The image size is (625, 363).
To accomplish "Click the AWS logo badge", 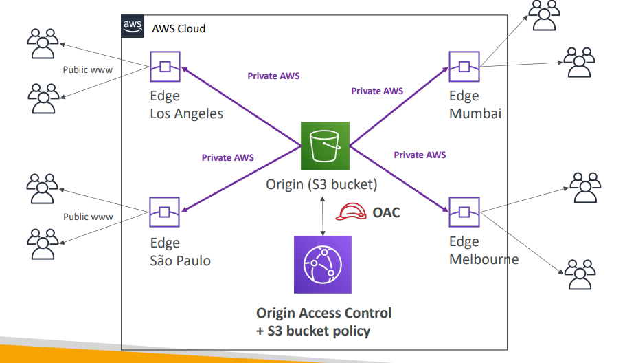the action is [133, 26].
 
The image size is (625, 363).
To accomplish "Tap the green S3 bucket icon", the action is [325, 146].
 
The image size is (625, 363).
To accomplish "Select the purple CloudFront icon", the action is [323, 265].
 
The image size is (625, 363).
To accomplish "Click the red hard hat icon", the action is [351, 212].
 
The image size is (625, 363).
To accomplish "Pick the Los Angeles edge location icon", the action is [165, 67].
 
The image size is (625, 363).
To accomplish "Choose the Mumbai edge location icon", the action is [464, 67].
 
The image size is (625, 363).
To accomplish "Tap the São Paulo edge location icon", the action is [165, 212].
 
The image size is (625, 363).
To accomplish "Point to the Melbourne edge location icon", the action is [464, 212].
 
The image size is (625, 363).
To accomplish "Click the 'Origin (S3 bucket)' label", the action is [321, 185].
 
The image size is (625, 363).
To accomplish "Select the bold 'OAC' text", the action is [386, 212].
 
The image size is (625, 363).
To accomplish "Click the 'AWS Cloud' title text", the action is [179, 29].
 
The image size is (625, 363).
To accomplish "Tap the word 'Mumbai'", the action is [475, 113].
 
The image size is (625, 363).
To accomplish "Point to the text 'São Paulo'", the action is [180, 261].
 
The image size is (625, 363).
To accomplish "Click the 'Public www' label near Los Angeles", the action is [88, 70].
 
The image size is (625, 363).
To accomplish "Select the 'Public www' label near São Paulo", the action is [88, 217].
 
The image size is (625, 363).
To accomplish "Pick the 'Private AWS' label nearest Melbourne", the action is [420, 155].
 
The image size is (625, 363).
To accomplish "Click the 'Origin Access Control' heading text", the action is [323, 313].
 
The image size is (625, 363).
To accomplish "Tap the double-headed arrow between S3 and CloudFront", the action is [323, 216].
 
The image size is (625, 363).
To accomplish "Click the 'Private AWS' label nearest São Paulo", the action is [227, 157].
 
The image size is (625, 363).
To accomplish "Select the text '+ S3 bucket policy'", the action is [313, 331].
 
